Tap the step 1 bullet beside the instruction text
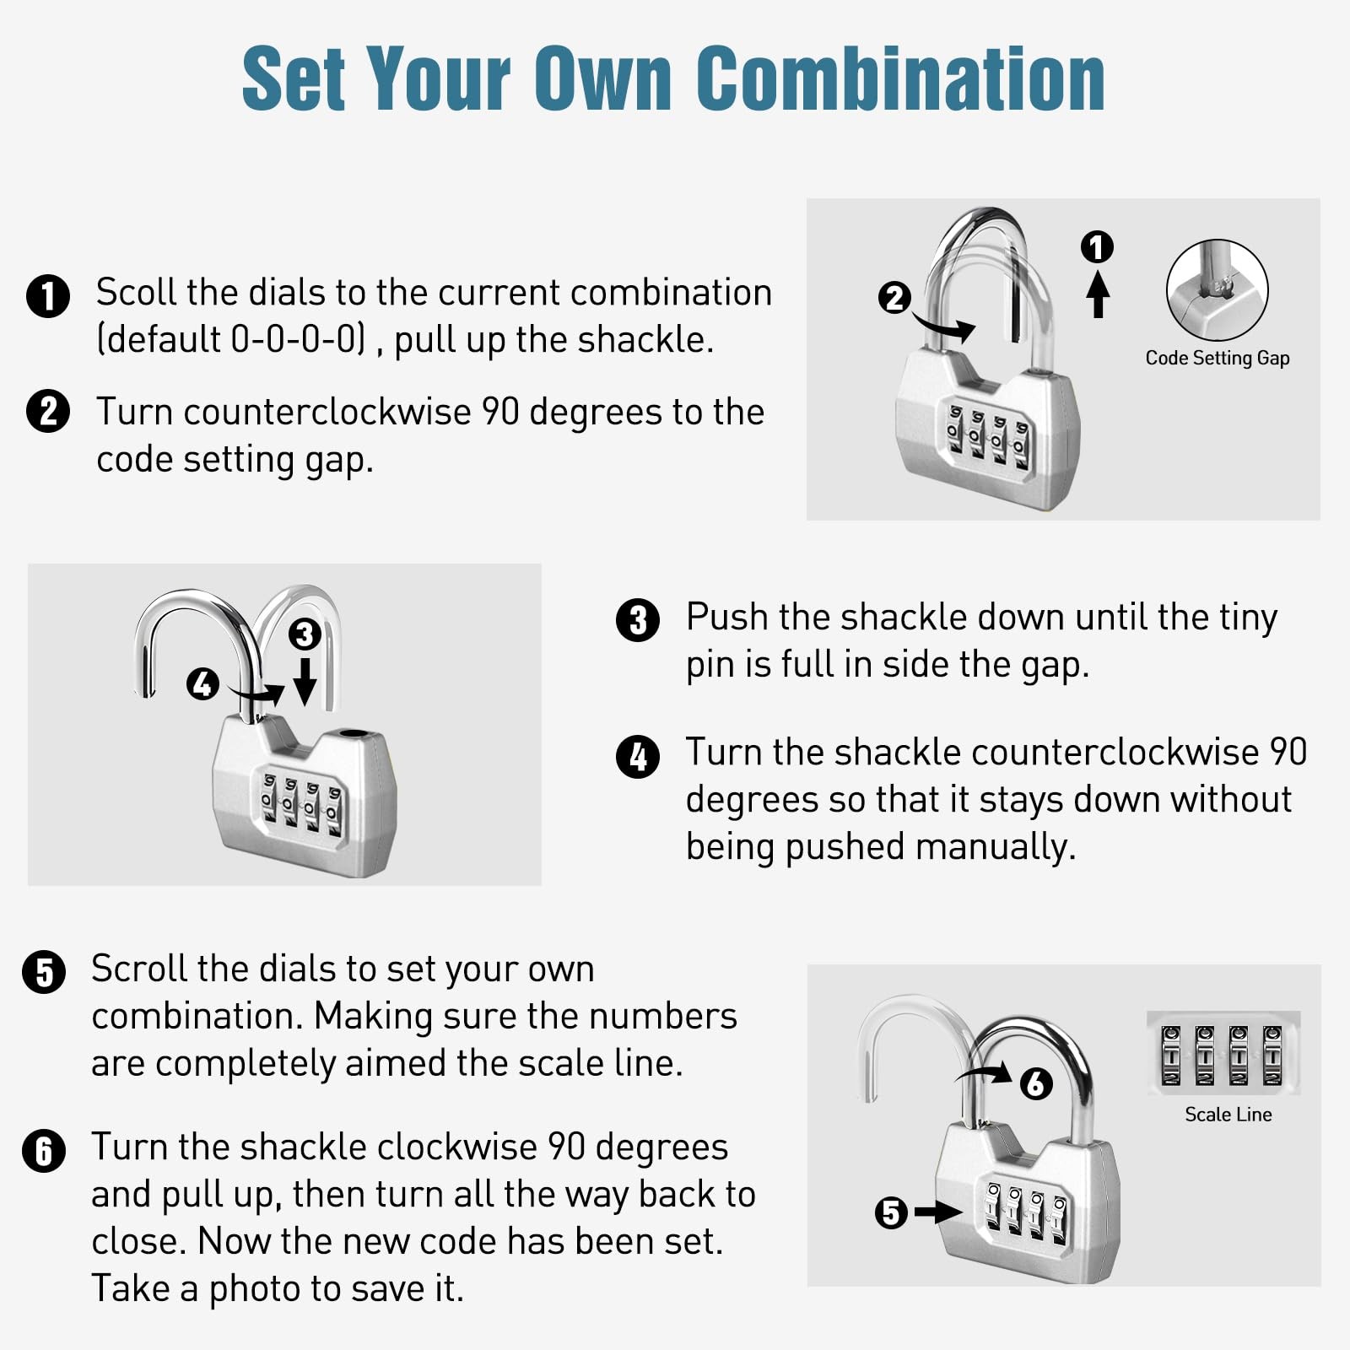coord(48,295)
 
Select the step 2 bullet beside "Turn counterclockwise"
coord(48,411)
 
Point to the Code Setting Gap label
coord(1217,358)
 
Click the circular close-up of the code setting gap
coord(1217,289)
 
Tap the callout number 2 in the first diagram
coord(894,297)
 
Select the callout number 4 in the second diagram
coord(202,683)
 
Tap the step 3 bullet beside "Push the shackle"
coord(638,620)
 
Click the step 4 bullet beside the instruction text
coord(638,756)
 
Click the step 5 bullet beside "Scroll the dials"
coord(44,972)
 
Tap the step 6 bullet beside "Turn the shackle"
coord(44,1151)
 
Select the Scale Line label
coord(1228,1115)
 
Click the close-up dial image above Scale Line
coord(1223,1053)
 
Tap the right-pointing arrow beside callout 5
coord(938,1212)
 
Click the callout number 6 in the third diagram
coord(1036,1083)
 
